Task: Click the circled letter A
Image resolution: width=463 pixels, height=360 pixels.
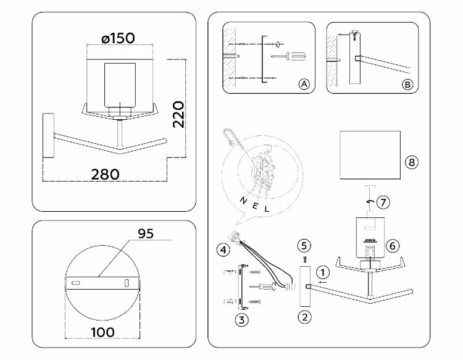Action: click(x=303, y=85)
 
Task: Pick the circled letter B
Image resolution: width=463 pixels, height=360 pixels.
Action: click(x=406, y=85)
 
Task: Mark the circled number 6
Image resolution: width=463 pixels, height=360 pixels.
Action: click(x=391, y=245)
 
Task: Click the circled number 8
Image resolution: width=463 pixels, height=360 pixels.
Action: click(x=412, y=162)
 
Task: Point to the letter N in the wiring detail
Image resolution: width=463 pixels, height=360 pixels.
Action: click(x=243, y=199)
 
